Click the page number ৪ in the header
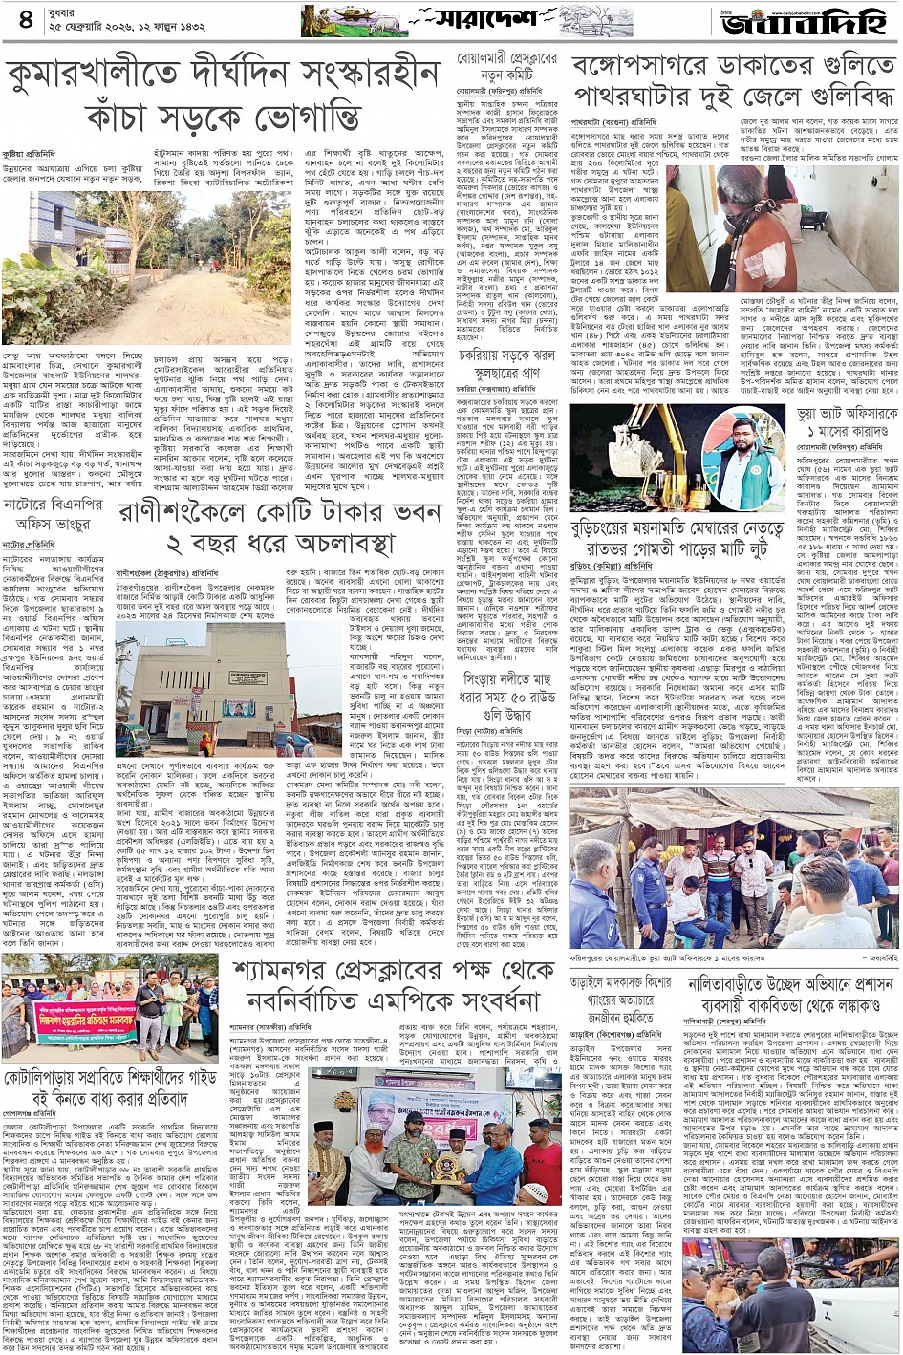[24, 19]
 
